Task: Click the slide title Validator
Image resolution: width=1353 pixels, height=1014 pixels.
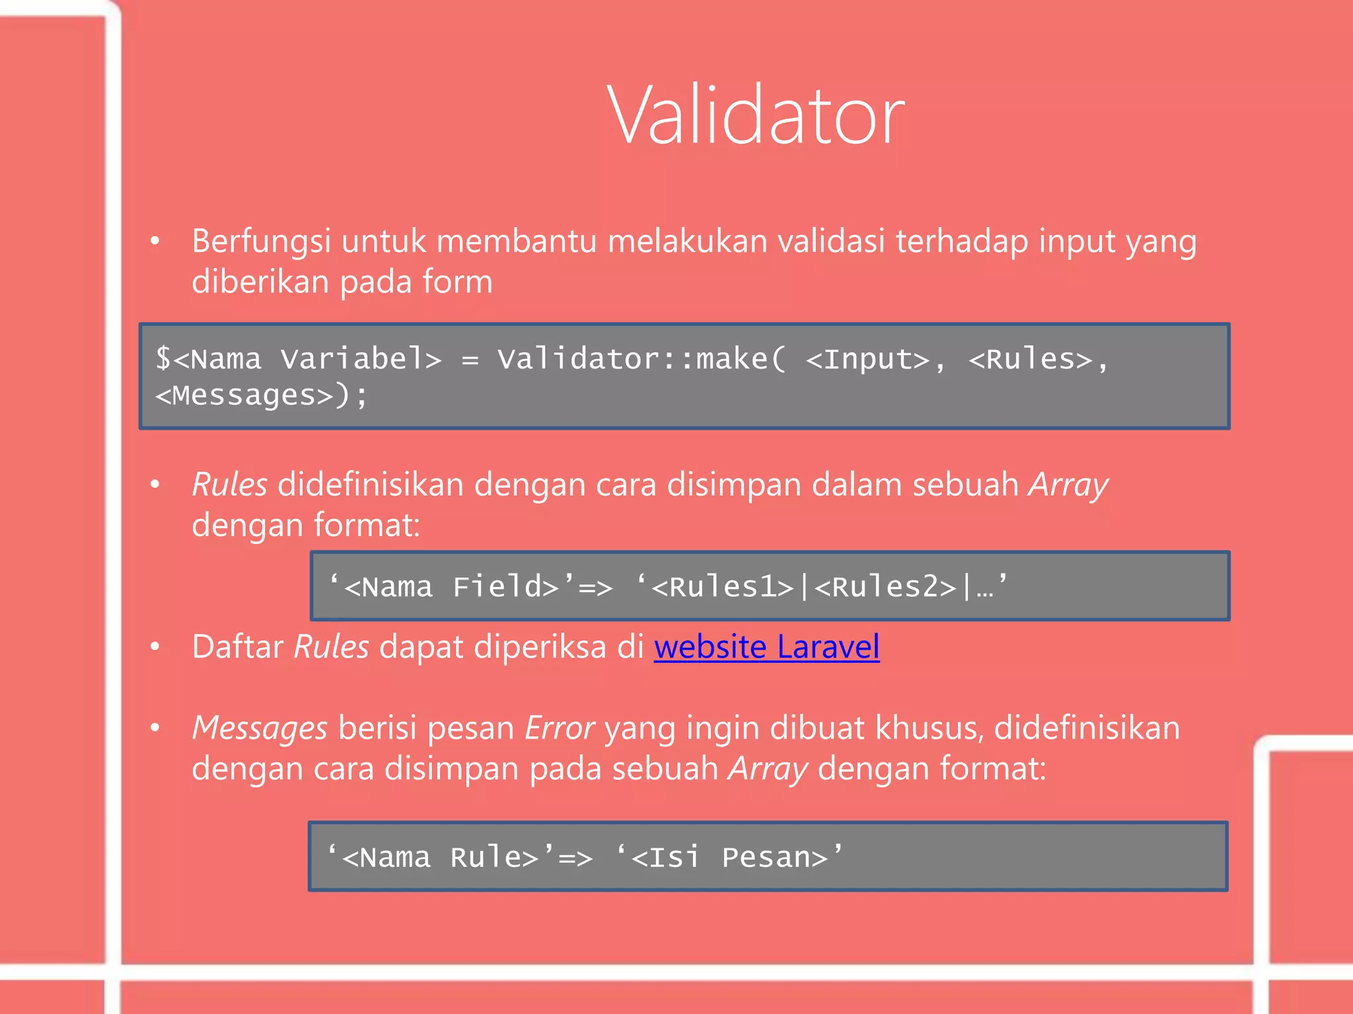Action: pyautogui.click(x=755, y=117)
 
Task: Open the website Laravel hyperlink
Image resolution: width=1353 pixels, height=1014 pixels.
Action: pyautogui.click(x=766, y=647)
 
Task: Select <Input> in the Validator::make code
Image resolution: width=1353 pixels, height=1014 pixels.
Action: pyautogui.click(x=868, y=360)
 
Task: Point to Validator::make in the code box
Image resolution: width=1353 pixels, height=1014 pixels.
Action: pyautogui.click(x=633, y=360)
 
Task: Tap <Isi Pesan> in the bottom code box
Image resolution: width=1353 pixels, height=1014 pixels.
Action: pyautogui.click(x=729, y=858)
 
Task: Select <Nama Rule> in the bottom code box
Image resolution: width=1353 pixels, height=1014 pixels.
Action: pyautogui.click(x=441, y=858)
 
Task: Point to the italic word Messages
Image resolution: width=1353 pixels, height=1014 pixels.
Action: pyautogui.click(x=260, y=729)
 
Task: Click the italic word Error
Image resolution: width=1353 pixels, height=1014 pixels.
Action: pyautogui.click(x=560, y=729)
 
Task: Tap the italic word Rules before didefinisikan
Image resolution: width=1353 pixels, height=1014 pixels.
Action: pyautogui.click(x=229, y=485)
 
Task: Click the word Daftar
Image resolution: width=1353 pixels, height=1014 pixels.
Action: pyautogui.click(x=237, y=647)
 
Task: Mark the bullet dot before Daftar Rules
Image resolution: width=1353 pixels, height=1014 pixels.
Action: pyautogui.click(x=155, y=647)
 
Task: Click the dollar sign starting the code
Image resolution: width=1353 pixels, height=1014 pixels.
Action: pyautogui.click(x=163, y=360)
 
